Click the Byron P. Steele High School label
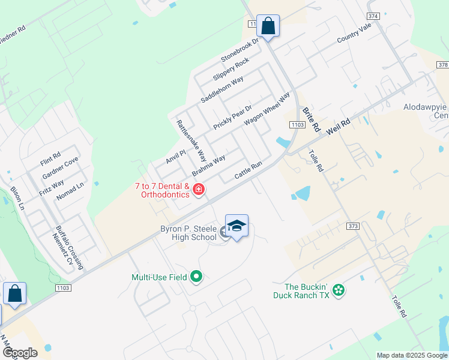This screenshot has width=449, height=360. tap(188, 233)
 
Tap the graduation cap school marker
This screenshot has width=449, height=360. tap(237, 226)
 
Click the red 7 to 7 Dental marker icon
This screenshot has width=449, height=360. tap(199, 191)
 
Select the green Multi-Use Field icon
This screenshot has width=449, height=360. tap(196, 277)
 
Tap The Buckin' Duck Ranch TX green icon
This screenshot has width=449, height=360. tap(339, 290)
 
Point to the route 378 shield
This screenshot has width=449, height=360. tap(443, 65)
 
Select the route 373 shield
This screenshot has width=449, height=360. tap(354, 226)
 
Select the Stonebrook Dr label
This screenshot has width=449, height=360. tap(239, 50)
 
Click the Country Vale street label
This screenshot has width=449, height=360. tap(354, 33)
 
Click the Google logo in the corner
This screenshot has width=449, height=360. tap(20, 353)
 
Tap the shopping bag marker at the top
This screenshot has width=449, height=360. tap(268, 26)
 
